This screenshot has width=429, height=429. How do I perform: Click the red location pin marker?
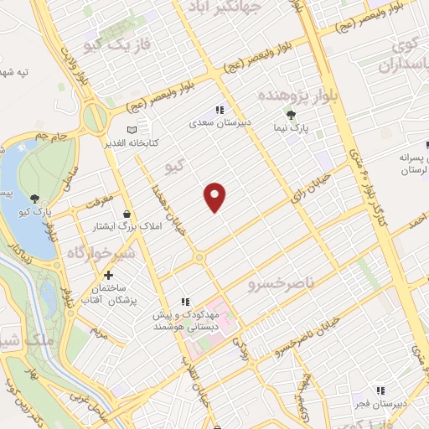click(x=216, y=196)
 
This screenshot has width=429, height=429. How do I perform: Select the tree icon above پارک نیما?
click(x=292, y=115)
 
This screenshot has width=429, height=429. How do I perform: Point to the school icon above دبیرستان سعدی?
click(x=220, y=110)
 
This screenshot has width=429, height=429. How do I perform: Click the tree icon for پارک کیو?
click(x=34, y=199)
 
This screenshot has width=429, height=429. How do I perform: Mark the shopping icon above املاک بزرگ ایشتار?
click(x=127, y=214)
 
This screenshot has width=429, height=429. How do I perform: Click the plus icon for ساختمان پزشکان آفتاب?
click(x=108, y=275)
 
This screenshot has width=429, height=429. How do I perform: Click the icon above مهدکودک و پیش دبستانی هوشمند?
click(x=185, y=302)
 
